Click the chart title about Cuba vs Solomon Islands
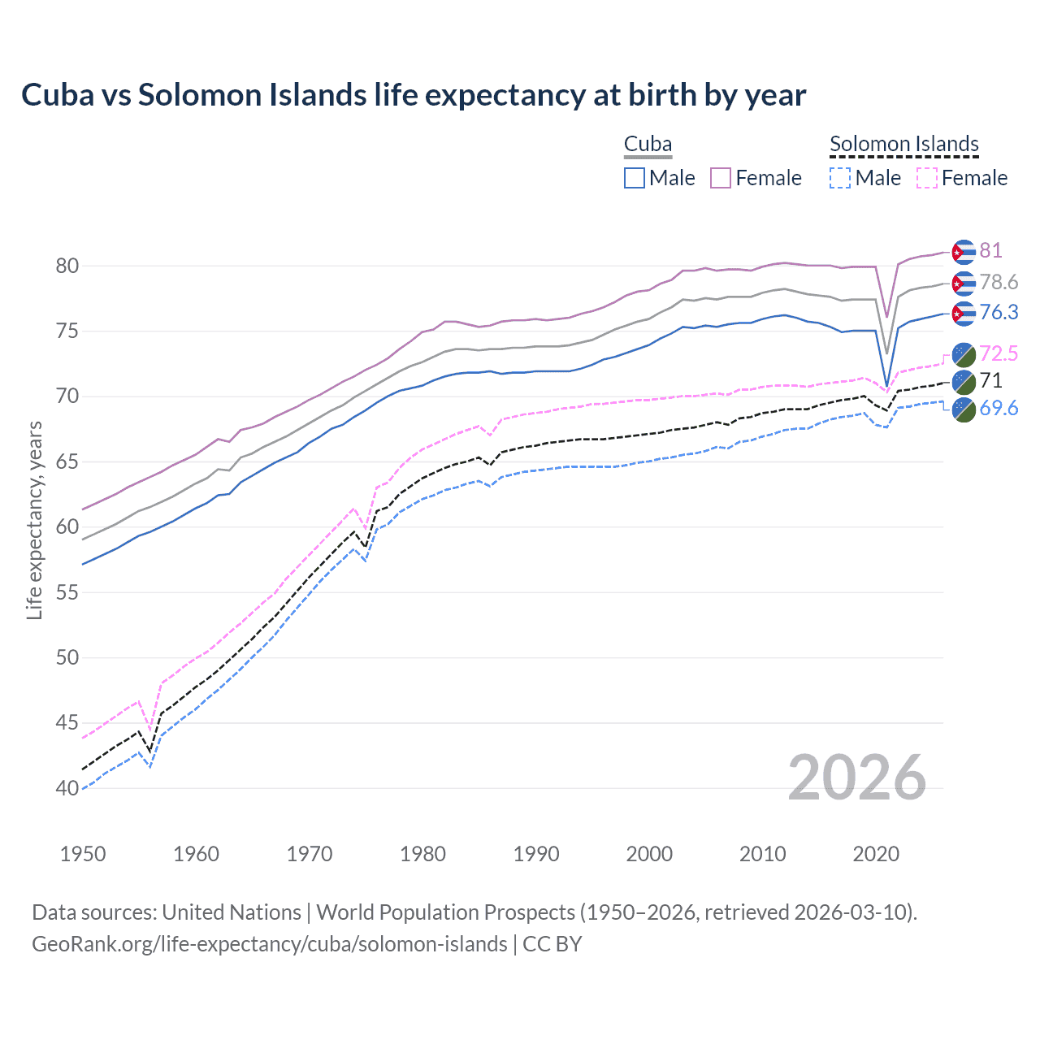coord(414,95)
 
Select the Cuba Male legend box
coord(635,178)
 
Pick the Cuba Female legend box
coord(721,178)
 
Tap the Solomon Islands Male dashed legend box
coord(840,178)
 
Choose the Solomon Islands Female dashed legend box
coord(926,178)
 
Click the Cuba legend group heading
coord(648,145)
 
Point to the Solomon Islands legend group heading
coord(903,145)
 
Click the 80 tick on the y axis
coord(67,266)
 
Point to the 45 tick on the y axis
coord(67,722)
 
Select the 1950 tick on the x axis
coord(83,854)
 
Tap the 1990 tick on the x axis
coord(536,854)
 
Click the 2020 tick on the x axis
coord(876,854)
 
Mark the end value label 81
coord(990,250)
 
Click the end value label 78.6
coord(999,282)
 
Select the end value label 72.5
coord(999,353)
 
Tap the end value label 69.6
coord(999,408)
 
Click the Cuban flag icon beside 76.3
coord(963,313)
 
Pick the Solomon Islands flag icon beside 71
coord(964,381)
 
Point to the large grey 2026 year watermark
coord(857,778)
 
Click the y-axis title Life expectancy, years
coord(34,520)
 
